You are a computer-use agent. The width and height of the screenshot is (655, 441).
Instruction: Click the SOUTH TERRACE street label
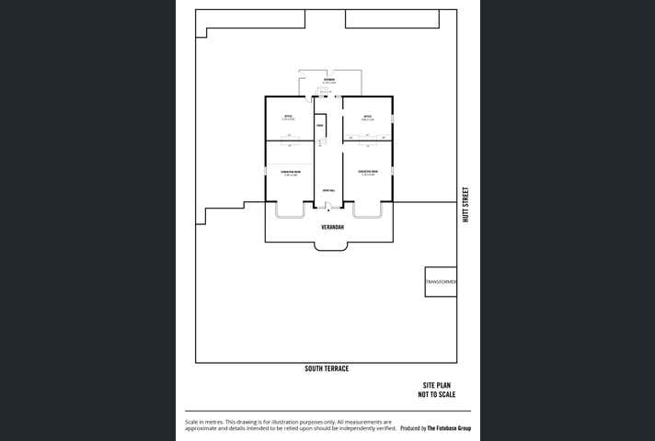327,368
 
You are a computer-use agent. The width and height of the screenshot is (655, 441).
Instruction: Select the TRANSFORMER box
441,282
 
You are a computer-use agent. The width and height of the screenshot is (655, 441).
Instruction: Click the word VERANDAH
327,225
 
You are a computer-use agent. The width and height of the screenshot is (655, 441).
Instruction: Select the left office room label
288,117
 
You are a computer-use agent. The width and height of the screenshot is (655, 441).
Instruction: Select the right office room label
367,117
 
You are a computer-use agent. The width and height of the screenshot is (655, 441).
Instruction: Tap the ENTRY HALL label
327,190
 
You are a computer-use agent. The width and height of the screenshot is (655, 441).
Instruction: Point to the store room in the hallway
319,125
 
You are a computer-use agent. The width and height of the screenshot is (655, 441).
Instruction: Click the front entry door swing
327,207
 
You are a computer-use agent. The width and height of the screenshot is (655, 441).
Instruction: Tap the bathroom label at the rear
327,81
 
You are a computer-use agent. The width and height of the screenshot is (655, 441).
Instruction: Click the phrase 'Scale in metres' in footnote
204,420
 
